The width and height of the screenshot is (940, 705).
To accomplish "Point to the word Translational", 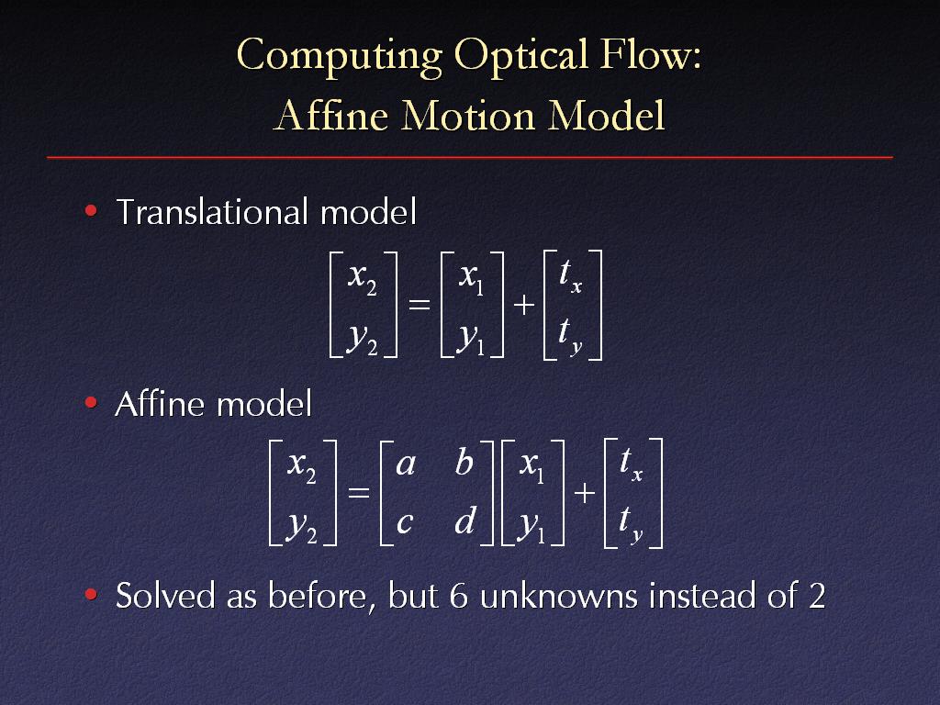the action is pyautogui.click(x=213, y=212).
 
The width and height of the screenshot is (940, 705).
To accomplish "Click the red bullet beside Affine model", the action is pyautogui.click(x=91, y=402).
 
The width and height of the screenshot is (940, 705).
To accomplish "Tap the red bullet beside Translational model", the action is pyautogui.click(x=91, y=210).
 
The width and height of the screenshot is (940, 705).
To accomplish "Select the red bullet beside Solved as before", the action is pyautogui.click(x=91, y=594).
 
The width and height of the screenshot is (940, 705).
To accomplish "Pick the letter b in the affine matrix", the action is pyautogui.click(x=464, y=462).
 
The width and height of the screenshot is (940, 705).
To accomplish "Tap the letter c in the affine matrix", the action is pyautogui.click(x=405, y=522).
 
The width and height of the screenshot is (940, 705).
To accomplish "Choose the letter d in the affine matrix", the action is pyautogui.click(x=465, y=520).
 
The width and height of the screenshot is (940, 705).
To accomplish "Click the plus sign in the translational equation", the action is pyautogui.click(x=524, y=305).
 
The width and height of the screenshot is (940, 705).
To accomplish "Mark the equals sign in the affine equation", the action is pyautogui.click(x=359, y=493).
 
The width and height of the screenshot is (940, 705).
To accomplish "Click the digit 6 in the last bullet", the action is pyautogui.click(x=458, y=596).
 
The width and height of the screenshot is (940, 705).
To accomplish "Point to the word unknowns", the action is pyautogui.click(x=559, y=596).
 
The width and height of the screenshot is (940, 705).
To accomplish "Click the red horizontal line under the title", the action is pyautogui.click(x=470, y=157).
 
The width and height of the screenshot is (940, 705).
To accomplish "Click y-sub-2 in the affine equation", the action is pyautogui.click(x=301, y=527).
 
